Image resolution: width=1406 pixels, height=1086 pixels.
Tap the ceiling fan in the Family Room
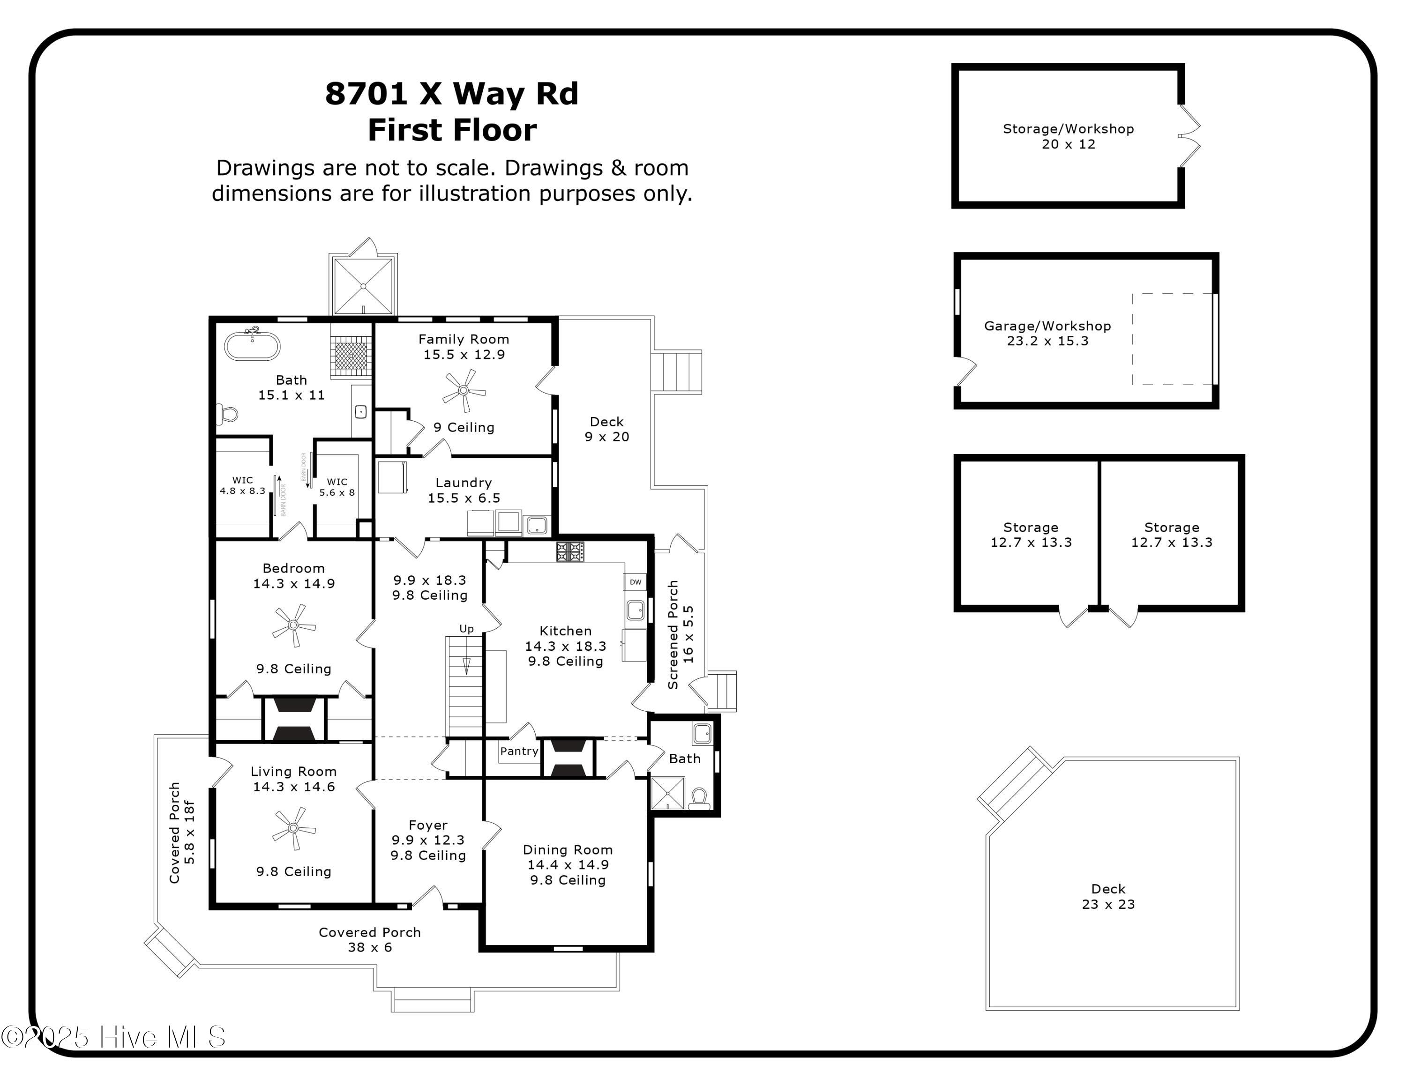464,391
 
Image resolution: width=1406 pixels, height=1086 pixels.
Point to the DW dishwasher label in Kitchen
635,582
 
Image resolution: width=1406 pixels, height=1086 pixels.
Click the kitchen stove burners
570,551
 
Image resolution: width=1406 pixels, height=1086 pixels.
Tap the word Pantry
519,751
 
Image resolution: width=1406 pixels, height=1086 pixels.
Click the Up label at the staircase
466,629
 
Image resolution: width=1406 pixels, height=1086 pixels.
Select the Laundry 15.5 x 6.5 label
464,490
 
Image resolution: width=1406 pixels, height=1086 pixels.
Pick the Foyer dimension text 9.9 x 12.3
428,840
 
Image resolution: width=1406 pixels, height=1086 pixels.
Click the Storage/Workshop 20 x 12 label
1068,136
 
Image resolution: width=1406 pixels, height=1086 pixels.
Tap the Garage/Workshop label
1047,326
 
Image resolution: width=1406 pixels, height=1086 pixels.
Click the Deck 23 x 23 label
1108,897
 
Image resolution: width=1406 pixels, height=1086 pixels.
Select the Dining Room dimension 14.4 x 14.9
568,865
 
